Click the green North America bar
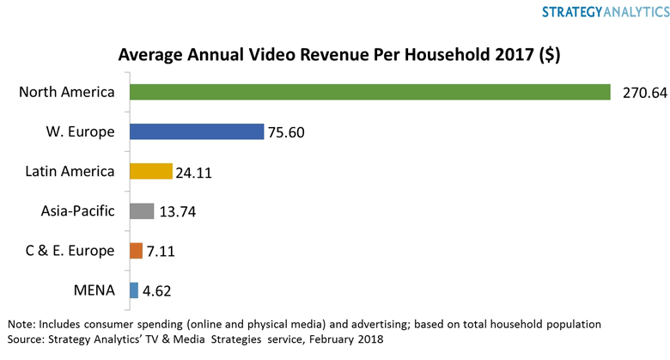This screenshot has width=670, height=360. [369, 92]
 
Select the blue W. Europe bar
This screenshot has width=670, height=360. [197, 131]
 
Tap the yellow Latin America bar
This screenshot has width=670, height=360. [151, 171]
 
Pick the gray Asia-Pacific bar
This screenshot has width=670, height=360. [142, 211]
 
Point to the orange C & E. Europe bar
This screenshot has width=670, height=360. [136, 250]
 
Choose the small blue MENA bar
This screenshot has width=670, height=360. [133, 290]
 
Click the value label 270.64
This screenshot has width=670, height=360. [640, 93]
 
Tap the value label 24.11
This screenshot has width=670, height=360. [193, 172]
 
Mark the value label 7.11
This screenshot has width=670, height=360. [162, 251]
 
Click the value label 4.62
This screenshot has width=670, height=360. [158, 290]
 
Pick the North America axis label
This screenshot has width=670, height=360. [67, 92]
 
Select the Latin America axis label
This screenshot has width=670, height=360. [70, 171]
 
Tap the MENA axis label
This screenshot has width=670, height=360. [94, 290]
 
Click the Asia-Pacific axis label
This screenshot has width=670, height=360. [77, 211]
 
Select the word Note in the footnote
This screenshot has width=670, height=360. [23, 325]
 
